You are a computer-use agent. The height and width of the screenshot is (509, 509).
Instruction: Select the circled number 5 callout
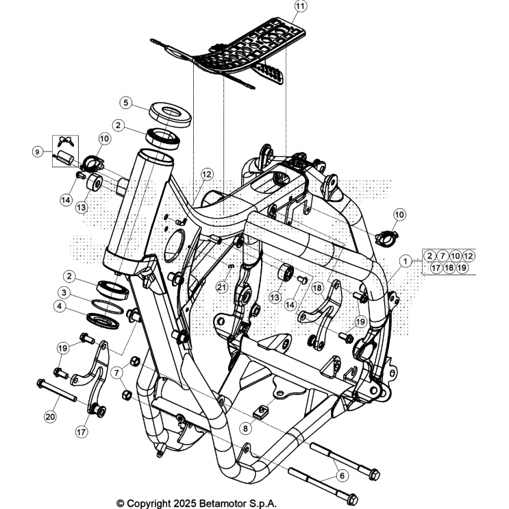pos(125,103)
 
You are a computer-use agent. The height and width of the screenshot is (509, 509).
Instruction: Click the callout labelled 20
pos(49,415)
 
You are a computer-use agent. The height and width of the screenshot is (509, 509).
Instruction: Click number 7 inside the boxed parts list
pos(443,256)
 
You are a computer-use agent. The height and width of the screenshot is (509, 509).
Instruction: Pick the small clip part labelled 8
pos(261,411)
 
